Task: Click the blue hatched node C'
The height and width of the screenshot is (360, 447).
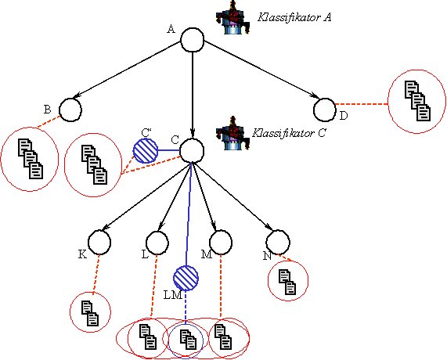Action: [x=146, y=150]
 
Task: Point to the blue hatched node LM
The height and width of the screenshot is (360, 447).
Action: [x=186, y=278]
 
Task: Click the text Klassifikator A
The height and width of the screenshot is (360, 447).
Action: [x=294, y=17]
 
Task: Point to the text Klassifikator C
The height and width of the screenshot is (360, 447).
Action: [x=289, y=133]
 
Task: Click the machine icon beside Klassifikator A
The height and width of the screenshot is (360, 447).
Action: [x=233, y=18]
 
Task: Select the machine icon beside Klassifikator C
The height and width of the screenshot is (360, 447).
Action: [x=233, y=133]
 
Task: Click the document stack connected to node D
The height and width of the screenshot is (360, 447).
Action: [x=417, y=101]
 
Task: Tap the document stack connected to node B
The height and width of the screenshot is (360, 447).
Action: [x=31, y=159]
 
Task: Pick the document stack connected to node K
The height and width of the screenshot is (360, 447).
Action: [x=90, y=313]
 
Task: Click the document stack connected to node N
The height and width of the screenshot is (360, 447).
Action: [x=287, y=282]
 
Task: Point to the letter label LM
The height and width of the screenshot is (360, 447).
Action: [x=173, y=295]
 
